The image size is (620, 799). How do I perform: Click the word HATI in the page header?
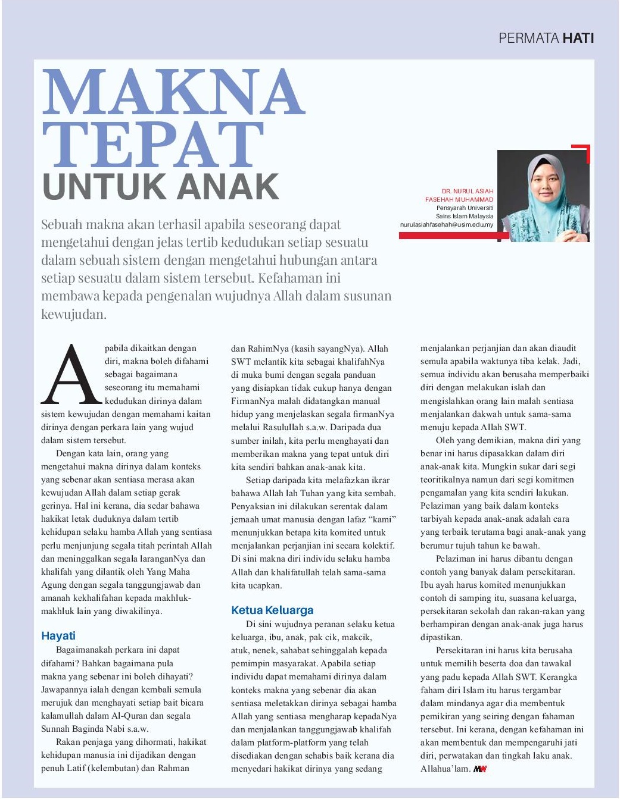coord(578,38)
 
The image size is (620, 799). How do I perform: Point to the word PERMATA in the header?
coord(528,38)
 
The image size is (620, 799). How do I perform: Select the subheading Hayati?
coord(58,635)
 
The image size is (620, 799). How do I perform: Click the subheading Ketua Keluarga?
coord(272,610)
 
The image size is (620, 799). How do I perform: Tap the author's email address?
coord(447,225)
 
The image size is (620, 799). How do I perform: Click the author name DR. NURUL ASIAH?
coord(468,192)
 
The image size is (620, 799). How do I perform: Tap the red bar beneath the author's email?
coord(453,236)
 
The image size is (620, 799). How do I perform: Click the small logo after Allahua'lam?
coord(480,769)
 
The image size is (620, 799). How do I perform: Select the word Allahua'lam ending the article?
coord(445,769)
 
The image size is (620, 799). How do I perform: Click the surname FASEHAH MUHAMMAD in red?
coord(459,200)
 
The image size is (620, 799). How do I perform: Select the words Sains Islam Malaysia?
coord(465,217)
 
